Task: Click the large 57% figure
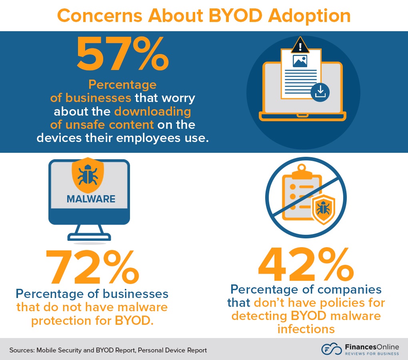coord(122,53)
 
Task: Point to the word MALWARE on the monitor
coord(91,199)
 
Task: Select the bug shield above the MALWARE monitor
coord(88,175)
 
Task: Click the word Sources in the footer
coord(22,350)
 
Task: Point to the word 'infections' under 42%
coord(306,329)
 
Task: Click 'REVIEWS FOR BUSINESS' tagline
coord(367,354)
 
